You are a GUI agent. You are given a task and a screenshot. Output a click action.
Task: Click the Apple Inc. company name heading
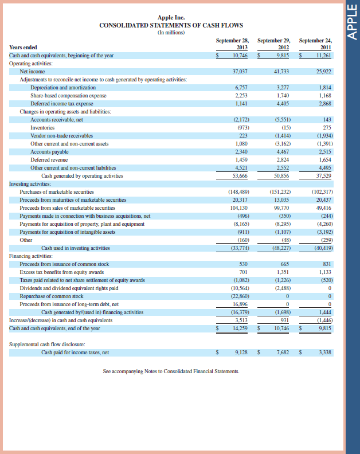(x=171, y=18)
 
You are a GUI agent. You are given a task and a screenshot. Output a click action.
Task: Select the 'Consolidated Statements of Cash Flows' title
(x=171, y=25)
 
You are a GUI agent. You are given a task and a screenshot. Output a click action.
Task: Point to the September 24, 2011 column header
(x=316, y=44)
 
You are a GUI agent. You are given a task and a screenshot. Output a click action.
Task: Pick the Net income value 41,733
(x=279, y=72)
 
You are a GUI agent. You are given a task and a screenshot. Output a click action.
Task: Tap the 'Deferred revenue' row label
(x=49, y=159)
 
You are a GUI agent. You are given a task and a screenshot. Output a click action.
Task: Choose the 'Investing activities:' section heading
(x=30, y=183)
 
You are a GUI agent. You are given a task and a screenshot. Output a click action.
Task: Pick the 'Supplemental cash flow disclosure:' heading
(x=46, y=344)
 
